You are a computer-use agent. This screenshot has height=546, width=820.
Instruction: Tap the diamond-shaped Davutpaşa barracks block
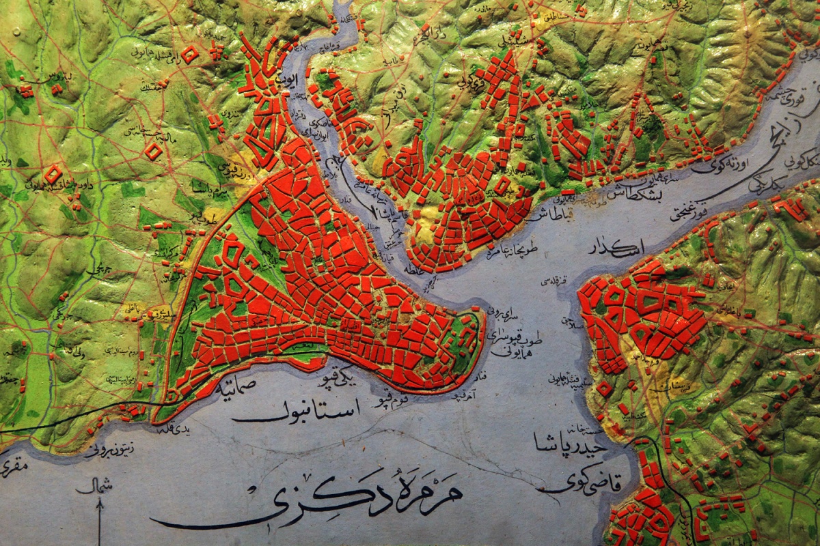[x=53, y=174]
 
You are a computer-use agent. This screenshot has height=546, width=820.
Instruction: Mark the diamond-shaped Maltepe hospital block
[x=154, y=150]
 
